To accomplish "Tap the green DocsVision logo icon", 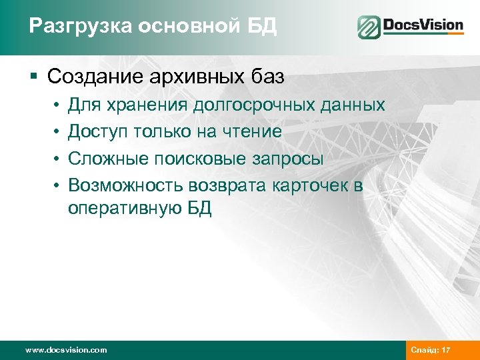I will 368,27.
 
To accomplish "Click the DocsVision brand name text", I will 423,26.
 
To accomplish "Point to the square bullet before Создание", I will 33,77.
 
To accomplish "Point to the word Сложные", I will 105,159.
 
